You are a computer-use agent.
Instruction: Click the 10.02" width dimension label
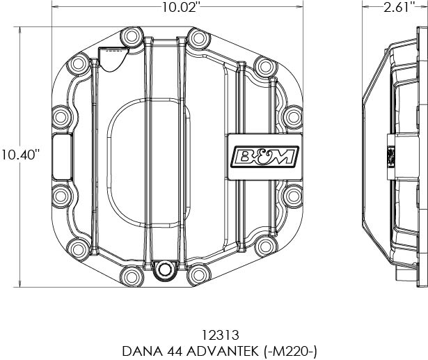point(180,8)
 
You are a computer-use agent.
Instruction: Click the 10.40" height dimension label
point(20,154)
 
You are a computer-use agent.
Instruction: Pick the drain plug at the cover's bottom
point(165,271)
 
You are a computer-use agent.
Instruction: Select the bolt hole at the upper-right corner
point(264,66)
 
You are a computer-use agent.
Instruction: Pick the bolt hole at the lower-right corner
point(264,246)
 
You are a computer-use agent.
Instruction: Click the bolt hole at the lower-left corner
point(77,246)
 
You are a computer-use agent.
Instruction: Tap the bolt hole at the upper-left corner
point(77,66)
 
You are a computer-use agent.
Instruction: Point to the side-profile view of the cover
point(393,157)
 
